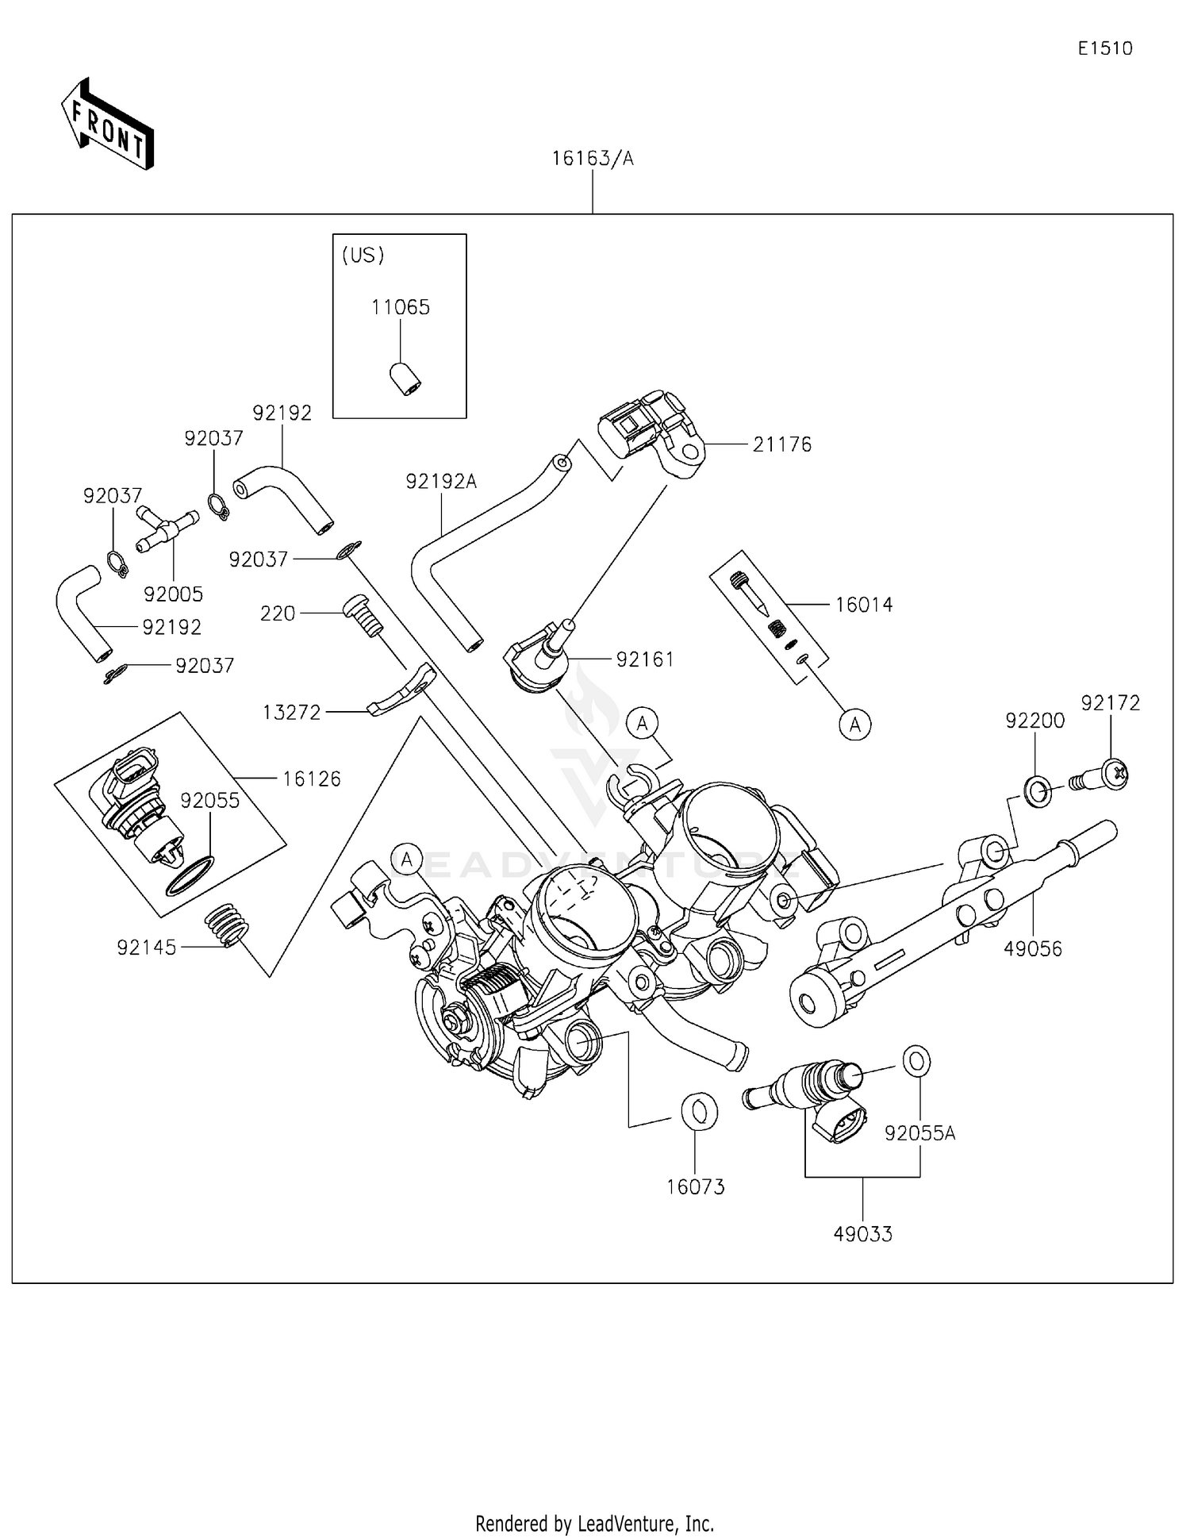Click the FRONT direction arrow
[107, 125]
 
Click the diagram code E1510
[1104, 48]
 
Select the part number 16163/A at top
[593, 159]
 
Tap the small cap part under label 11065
[405, 379]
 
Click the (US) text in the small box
[363, 255]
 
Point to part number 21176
[781, 444]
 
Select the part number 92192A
[440, 482]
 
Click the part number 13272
[291, 713]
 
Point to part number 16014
[863, 605]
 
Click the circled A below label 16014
[854, 725]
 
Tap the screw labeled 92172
[1107, 775]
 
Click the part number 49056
[1032, 948]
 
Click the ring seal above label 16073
[699, 1111]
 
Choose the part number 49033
[862, 1234]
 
